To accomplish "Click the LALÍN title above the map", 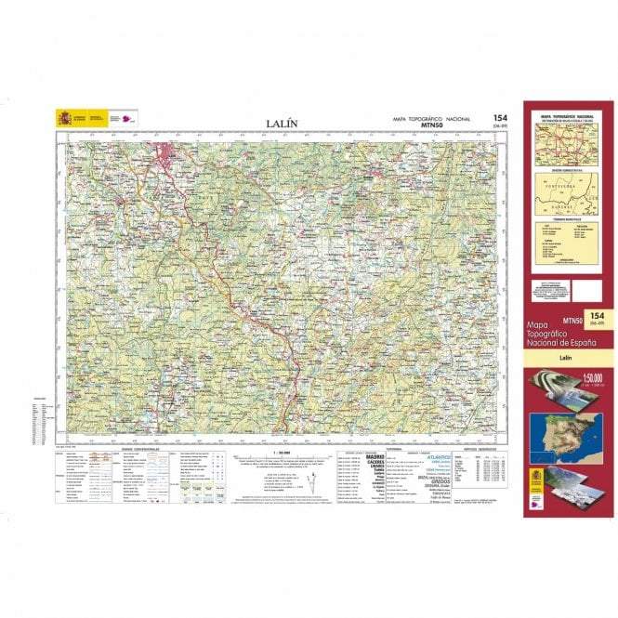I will (282, 123).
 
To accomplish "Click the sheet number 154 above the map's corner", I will (499, 118).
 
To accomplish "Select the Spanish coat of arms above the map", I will (63, 118).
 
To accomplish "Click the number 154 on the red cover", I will (585, 317).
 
